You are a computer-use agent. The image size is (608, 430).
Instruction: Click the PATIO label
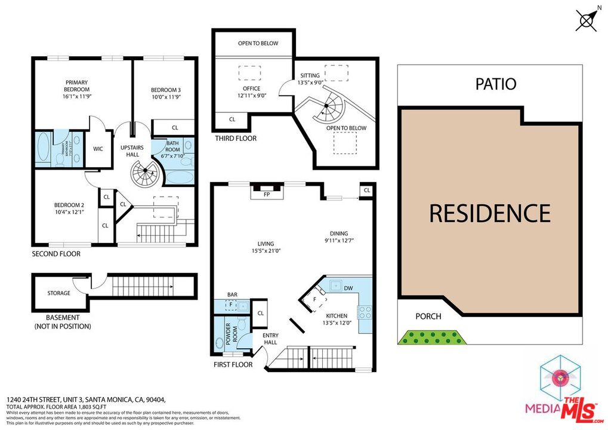coord(495,84)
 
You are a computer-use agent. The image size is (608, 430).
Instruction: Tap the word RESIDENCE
coord(490,213)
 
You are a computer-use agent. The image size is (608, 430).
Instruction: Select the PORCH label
coord(428,316)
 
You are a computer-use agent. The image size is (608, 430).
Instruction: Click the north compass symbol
coord(587,20)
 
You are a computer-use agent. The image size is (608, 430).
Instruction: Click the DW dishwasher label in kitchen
coord(348,288)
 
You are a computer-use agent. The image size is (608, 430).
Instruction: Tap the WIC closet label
coord(98,149)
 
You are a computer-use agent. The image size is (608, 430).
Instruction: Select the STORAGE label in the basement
coord(59,293)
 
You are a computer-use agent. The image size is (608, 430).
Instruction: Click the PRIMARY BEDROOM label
coord(77,86)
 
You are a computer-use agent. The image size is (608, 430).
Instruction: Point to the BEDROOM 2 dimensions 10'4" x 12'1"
coord(66,213)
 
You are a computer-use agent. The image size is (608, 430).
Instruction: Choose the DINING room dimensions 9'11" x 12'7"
coord(339,241)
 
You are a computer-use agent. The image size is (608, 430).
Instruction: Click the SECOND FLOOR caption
coord(56,254)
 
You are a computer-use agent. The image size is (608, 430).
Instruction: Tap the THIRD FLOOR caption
coord(236,139)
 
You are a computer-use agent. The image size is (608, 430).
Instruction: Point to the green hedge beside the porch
coord(432,338)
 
